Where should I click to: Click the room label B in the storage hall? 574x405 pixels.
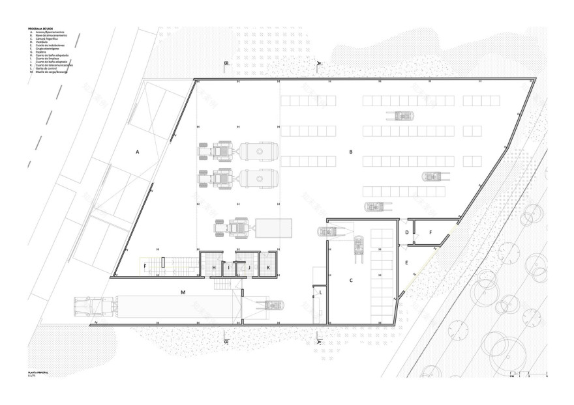[351, 152]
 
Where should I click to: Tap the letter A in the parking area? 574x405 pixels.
[138, 152]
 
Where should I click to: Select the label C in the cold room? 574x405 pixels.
[351, 281]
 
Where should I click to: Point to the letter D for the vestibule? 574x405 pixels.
[407, 232]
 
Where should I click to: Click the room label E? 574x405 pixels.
[406, 263]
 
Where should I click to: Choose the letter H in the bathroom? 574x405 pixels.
[213, 268]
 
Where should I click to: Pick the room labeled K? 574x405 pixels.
[268, 268]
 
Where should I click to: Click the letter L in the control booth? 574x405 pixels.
[321, 293]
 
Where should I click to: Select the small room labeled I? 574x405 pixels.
[228, 268]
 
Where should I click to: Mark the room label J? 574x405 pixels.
[249, 268]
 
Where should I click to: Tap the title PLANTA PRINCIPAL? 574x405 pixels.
[38, 372]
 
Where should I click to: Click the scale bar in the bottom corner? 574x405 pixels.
[530, 375]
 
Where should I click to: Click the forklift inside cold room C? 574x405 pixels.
[358, 248]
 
